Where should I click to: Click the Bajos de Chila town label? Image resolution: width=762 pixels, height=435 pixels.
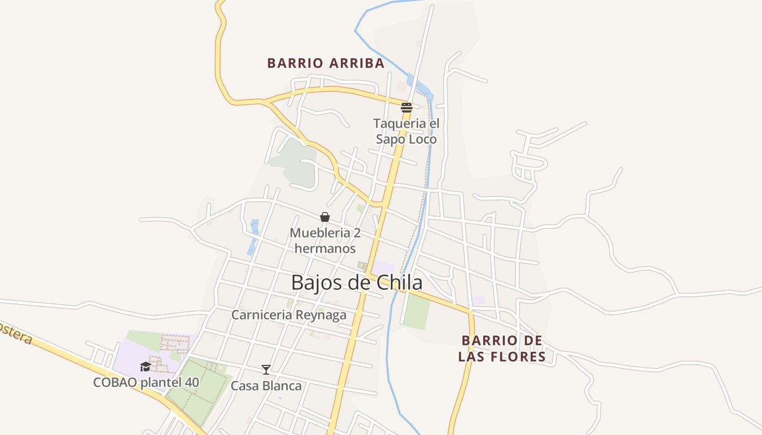357,283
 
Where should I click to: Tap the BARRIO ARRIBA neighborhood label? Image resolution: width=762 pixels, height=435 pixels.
325,63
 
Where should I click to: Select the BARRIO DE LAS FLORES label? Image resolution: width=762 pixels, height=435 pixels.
502,349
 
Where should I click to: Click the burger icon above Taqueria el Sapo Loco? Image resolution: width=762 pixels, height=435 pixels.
406,107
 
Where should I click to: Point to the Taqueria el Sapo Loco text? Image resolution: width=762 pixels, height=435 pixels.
406,132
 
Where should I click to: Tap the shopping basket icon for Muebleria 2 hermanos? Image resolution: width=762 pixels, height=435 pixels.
325,217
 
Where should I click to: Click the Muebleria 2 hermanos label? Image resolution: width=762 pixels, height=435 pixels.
325,241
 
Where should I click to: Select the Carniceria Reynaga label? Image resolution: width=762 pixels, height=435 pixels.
288,315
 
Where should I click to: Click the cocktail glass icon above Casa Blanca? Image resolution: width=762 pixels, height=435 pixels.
266,370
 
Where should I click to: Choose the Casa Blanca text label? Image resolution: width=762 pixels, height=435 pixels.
266,386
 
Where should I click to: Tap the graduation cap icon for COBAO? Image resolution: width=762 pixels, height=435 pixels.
145,366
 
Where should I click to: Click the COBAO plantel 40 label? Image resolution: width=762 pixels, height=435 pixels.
146,382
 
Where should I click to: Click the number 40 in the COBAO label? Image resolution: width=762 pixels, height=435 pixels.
192,382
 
